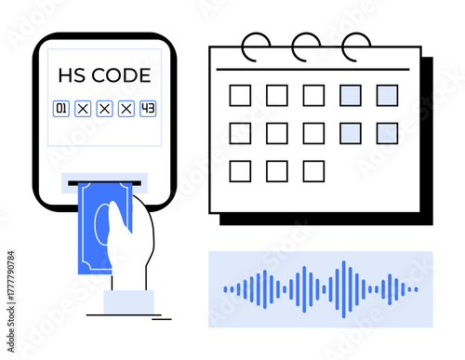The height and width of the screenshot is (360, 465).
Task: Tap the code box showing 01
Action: tap(61, 109)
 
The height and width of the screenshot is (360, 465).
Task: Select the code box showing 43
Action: tap(148, 109)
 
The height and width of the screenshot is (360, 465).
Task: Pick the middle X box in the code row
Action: tap(104, 109)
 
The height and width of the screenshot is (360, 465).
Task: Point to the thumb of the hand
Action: tap(115, 221)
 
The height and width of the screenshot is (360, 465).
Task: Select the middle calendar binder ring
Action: tap(305, 45)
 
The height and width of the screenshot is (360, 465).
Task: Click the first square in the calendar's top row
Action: tap(240, 95)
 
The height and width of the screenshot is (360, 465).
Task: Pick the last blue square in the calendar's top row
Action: tap(387, 95)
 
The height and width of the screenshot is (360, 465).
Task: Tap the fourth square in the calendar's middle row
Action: tap(351, 133)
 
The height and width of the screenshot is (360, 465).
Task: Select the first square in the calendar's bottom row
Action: tap(240, 170)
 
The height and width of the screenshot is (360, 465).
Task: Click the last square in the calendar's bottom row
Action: tap(313, 170)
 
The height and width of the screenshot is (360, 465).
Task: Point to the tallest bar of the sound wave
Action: tap(344, 289)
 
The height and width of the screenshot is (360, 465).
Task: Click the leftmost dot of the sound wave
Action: tap(225, 289)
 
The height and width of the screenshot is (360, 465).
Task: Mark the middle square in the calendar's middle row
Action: tap(313, 133)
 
